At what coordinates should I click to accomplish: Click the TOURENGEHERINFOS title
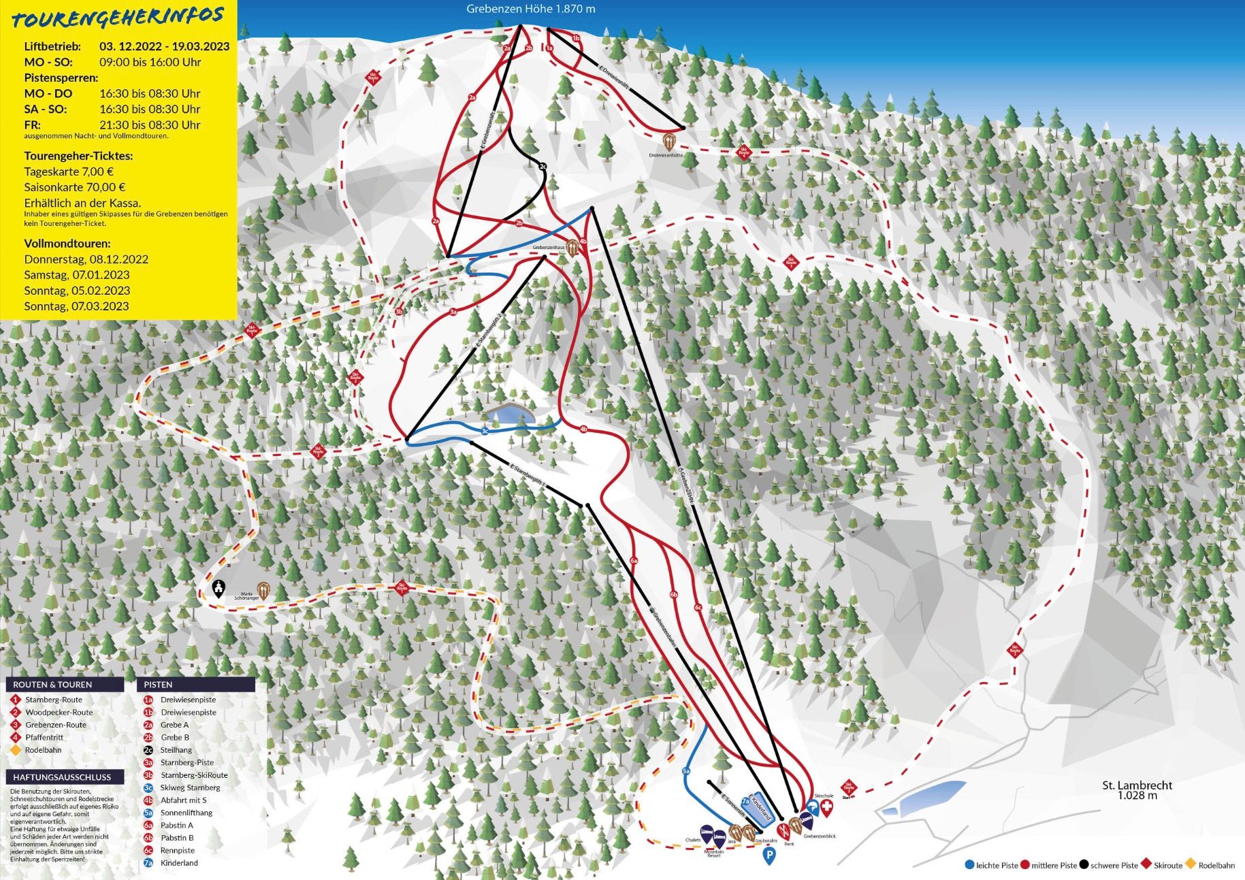click(118, 18)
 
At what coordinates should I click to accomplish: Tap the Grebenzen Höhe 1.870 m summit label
click(530, 9)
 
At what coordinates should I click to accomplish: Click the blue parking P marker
click(769, 855)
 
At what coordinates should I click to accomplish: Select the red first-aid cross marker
click(826, 808)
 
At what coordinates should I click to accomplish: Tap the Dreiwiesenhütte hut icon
click(670, 142)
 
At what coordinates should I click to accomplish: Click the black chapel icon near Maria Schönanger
click(219, 588)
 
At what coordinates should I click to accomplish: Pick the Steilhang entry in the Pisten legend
click(176, 750)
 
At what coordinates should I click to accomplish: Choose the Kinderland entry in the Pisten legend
click(178, 863)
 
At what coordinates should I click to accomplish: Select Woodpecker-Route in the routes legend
click(59, 713)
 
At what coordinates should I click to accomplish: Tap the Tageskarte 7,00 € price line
click(69, 172)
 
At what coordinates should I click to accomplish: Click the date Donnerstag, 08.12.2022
click(86, 259)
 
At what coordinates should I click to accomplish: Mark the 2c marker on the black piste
click(543, 166)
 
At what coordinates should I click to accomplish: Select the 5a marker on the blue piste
click(686, 771)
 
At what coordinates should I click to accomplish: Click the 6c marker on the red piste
click(698, 608)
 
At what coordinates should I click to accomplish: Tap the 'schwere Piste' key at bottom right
click(1114, 866)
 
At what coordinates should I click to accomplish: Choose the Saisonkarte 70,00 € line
click(75, 187)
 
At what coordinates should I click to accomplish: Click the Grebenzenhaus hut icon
click(573, 247)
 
